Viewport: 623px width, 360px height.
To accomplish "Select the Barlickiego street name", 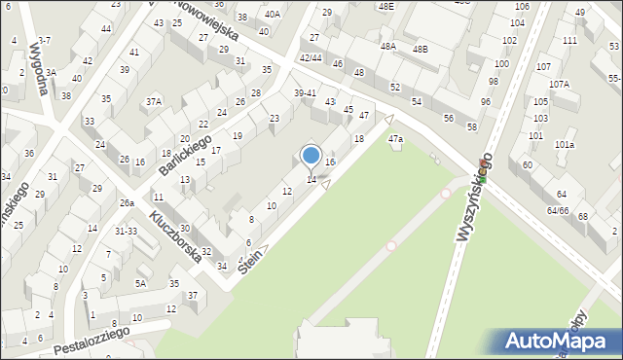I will pos(186,155).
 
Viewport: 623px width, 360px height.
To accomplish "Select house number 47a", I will pos(395,140).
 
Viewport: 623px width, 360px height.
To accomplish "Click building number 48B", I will pos(420,48).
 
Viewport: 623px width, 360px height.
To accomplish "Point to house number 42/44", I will pos(311,58).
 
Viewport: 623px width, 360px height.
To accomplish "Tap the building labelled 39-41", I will pos(305,92).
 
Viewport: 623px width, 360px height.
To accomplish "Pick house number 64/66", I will pos(557,210).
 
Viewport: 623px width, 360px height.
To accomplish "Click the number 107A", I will pos(559,85).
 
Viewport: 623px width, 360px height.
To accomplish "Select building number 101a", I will pos(564,145).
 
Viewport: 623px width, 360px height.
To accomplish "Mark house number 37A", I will pos(154,101).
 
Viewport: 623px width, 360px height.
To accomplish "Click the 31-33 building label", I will pos(126,231).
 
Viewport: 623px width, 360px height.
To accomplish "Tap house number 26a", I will pos(127,203).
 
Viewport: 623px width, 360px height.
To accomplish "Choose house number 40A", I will pos(272,15).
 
